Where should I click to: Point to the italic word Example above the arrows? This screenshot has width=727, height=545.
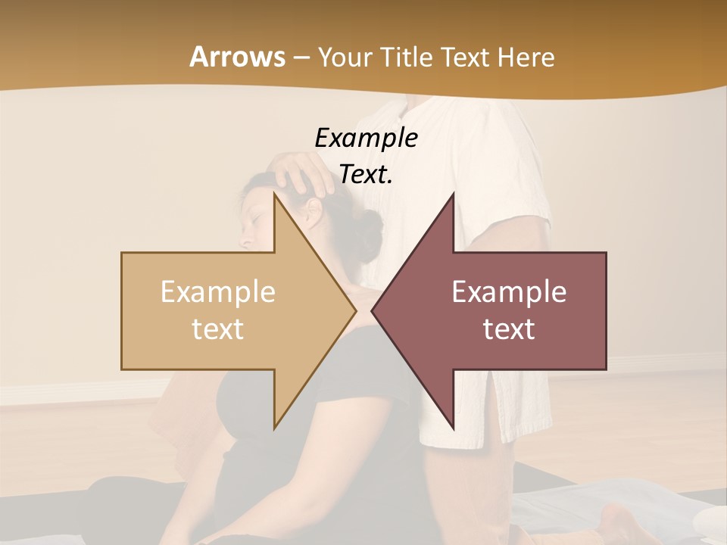tap(366, 138)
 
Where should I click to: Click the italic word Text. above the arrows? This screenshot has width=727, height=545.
tap(366, 175)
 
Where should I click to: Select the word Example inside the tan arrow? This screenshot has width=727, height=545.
tap(218, 291)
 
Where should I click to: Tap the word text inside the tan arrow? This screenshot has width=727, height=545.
tap(218, 329)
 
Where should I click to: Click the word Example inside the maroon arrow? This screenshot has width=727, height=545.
tap(509, 291)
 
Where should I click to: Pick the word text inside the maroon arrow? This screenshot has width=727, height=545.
tap(509, 329)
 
